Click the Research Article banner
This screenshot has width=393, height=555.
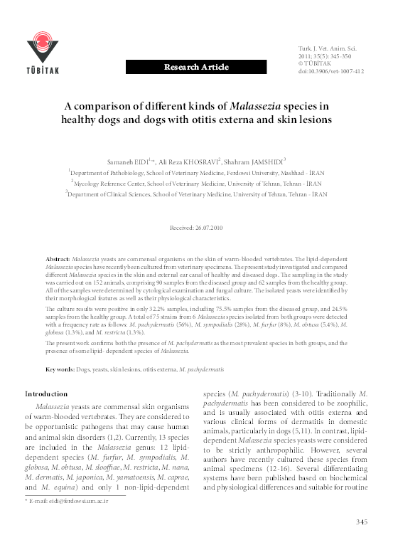[196, 67]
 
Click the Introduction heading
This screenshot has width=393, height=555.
[46, 393]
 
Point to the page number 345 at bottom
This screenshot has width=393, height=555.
[361, 543]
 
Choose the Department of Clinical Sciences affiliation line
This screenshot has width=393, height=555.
[195, 193]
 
